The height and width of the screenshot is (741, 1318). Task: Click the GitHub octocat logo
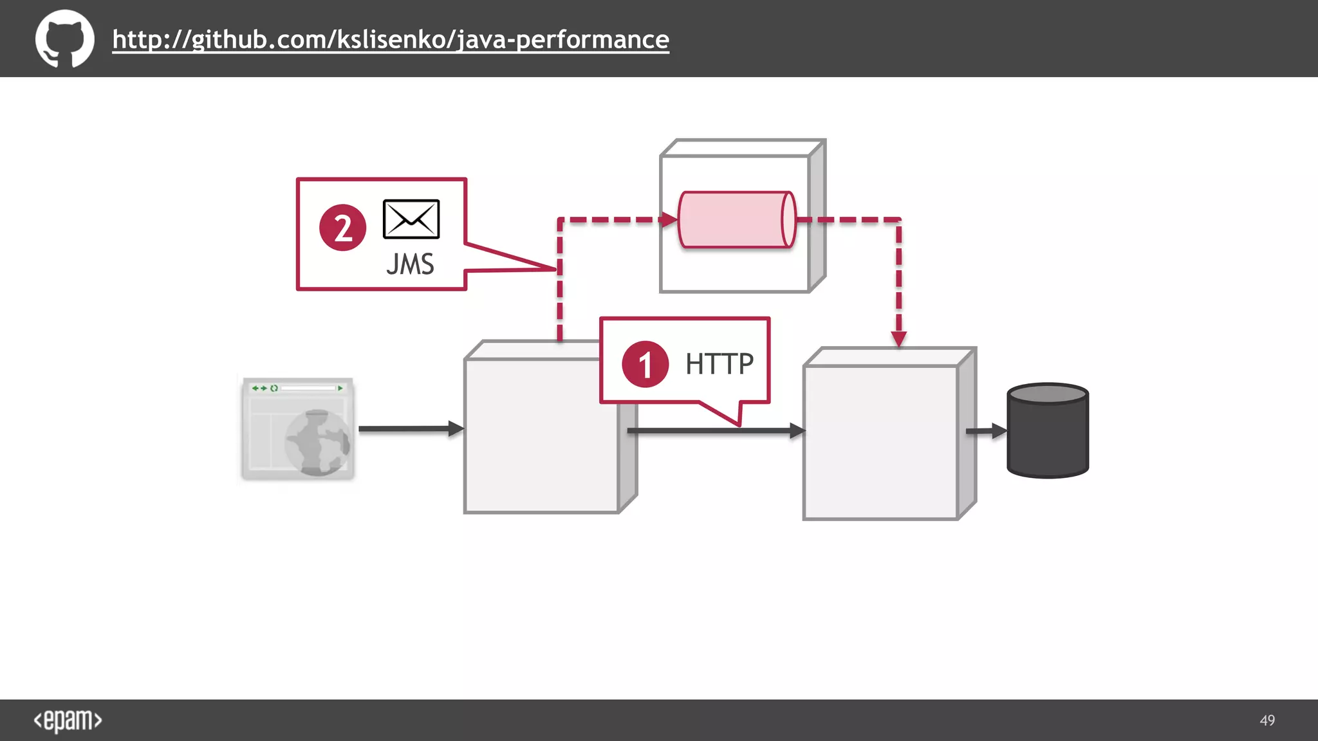pos(64,39)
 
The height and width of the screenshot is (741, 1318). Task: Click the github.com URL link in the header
pos(391,40)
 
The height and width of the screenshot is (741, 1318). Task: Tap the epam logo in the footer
pos(68,720)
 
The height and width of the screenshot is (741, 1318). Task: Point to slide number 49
pos(1267,720)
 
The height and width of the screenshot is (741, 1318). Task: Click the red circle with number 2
pos(342,228)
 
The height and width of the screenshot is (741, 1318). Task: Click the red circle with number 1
pos(645,364)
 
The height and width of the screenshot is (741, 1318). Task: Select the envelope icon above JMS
pos(411,219)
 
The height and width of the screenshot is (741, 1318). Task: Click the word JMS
pos(410,264)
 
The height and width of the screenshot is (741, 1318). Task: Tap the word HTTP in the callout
pos(719,364)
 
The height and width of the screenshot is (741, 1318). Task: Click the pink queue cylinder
pos(736,220)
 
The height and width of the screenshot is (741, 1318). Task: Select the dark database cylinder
pos(1047,431)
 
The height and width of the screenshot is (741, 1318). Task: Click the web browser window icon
pos(298,428)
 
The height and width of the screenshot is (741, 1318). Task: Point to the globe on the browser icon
pos(318,443)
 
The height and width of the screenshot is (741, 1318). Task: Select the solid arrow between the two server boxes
pos(714,431)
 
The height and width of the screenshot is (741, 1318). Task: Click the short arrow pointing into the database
pos(986,431)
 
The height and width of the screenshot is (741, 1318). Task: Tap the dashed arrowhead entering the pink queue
pos(669,220)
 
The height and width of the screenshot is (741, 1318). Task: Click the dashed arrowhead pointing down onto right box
pos(899,338)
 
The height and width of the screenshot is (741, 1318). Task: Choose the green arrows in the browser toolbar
pos(259,389)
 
